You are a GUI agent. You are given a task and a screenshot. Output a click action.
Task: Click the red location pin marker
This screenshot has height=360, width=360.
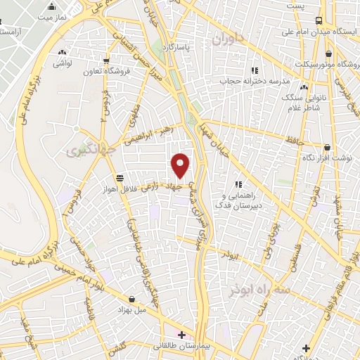pos(181,165)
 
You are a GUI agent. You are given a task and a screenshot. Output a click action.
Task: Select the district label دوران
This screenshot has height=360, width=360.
pos(229,38)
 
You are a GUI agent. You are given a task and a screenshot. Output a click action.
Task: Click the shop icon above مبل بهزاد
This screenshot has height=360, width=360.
pos(131,298)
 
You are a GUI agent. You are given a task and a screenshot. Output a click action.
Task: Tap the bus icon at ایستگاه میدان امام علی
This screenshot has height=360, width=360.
pos(319,20)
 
